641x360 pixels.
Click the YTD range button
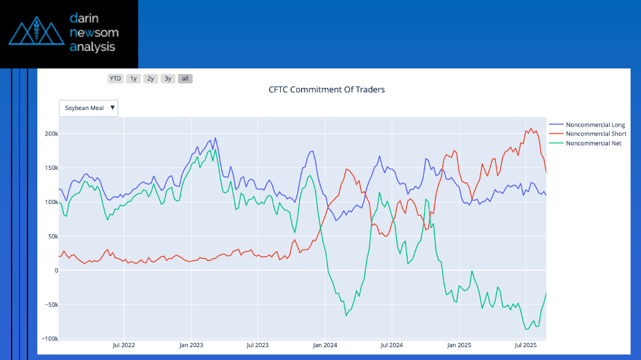tap(115, 78)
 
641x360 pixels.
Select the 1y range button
tap(133, 78)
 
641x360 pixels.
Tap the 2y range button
tap(150, 78)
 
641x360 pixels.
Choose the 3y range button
tap(168, 78)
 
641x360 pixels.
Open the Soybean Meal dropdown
tap(89, 108)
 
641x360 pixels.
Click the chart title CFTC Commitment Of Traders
tap(327, 89)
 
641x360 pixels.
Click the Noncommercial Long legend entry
tap(595, 125)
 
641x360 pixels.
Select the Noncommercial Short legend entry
tap(595, 134)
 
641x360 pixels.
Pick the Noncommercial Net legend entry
tap(593, 143)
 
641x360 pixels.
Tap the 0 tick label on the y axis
tap(56, 270)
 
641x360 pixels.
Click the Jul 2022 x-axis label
tap(124, 345)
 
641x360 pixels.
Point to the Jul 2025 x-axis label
tap(525, 345)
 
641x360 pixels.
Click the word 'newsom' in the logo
tap(94, 32)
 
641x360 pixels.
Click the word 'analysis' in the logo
tap(92, 46)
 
